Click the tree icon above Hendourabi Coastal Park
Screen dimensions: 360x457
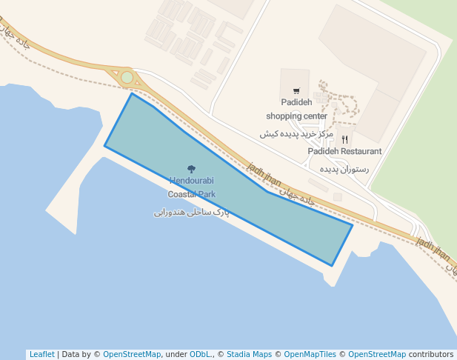point(191,170)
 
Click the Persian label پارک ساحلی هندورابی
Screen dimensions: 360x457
point(191,213)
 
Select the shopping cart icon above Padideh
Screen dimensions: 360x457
point(296,91)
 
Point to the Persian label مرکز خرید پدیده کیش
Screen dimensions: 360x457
point(296,134)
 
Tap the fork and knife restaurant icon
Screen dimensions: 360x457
point(345,139)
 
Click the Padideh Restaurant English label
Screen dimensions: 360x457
point(345,151)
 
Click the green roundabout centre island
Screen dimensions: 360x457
point(127,77)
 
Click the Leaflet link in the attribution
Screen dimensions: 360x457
point(41,354)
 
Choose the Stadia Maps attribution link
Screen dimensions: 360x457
point(249,354)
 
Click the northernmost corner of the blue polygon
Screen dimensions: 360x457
point(132,93)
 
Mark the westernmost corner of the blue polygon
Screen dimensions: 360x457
point(104,146)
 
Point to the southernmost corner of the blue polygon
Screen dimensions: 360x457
point(332,265)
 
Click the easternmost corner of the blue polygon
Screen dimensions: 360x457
point(352,224)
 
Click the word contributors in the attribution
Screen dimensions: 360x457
point(431,354)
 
